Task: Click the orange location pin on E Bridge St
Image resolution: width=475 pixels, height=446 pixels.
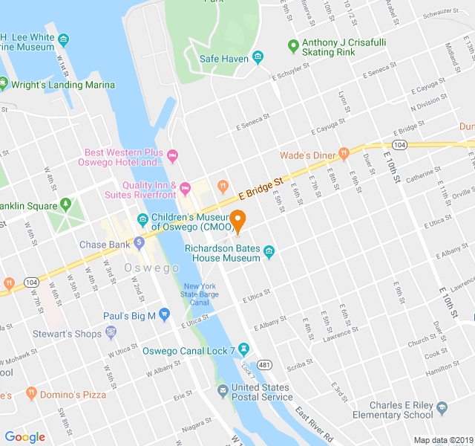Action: pos(237,219)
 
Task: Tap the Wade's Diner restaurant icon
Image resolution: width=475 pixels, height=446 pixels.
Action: pos(343,154)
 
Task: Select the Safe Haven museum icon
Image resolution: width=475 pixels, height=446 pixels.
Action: pos(258,57)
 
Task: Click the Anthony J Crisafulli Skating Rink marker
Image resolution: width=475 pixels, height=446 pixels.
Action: pos(293,47)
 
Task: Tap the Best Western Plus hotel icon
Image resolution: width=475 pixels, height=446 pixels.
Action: pos(174,156)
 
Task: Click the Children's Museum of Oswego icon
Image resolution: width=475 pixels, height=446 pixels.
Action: pos(142,219)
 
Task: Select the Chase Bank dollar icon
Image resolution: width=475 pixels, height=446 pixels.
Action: pos(139,243)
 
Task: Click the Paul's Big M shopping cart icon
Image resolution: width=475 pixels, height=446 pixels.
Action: pos(165,316)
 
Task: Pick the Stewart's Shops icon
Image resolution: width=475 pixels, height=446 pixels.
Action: pos(111,332)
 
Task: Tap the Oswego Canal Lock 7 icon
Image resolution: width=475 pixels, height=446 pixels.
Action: pos(243,349)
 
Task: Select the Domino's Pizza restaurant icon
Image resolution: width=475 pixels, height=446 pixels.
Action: pos(30,392)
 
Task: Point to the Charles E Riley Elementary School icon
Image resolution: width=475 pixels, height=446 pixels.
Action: pos(442,408)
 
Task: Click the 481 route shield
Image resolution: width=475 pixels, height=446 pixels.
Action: pos(264,365)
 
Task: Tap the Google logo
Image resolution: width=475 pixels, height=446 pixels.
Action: pos(25,437)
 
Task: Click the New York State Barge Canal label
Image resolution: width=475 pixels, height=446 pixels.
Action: pos(200,294)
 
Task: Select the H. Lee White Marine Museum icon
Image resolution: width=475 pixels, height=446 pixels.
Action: pos(65,39)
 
